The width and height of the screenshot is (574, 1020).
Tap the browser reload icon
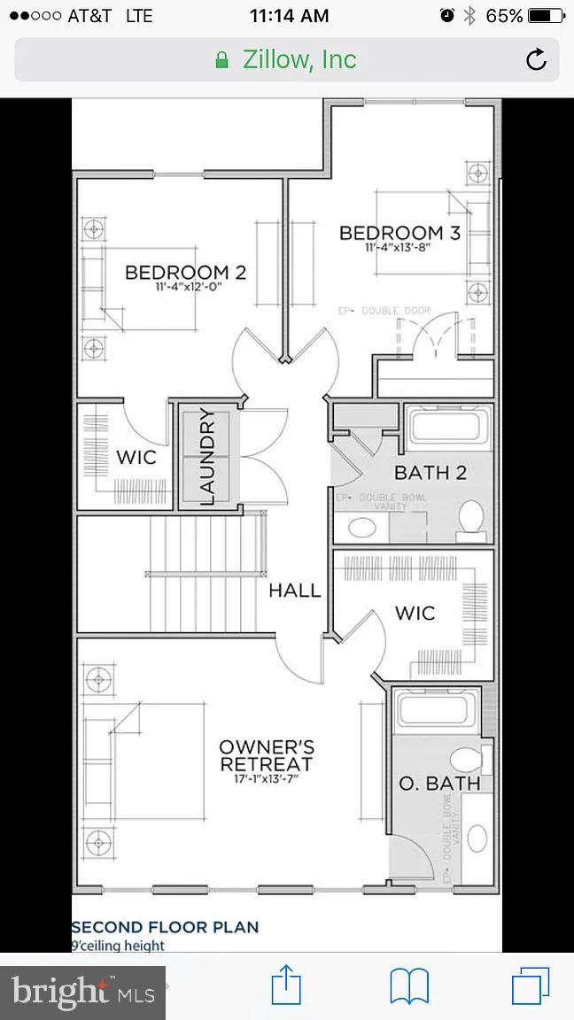click(536, 59)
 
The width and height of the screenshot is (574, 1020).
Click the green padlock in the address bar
click(222, 60)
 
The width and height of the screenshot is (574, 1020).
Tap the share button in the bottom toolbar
click(285, 985)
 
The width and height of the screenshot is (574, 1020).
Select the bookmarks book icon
click(409, 985)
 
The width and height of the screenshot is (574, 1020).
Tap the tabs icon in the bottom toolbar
click(531, 985)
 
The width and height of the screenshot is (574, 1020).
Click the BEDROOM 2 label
click(185, 272)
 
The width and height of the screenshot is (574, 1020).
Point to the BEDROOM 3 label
click(399, 233)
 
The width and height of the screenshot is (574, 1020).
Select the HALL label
click(295, 591)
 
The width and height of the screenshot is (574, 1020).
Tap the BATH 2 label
click(430, 472)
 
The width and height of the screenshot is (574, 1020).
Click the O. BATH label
click(439, 783)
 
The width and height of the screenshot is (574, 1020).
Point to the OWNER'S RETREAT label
click(266, 755)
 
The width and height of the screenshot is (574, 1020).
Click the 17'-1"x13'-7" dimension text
click(266, 778)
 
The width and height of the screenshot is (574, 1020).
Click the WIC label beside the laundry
click(136, 457)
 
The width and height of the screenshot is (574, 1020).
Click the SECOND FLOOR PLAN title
click(166, 927)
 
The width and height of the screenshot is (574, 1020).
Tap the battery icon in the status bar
click(544, 16)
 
